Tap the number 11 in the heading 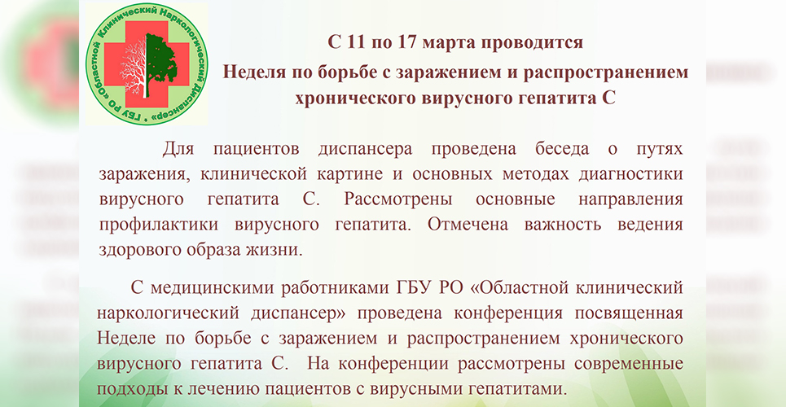[355, 42]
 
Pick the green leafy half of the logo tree [161, 63]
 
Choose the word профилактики [158, 225]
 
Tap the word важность [563, 224]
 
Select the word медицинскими [210, 290]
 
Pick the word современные [629, 363]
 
